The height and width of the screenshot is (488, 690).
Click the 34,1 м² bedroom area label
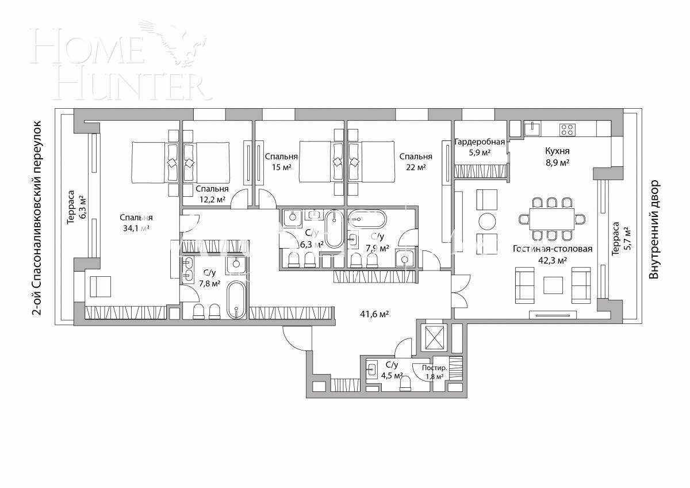(x=136, y=223)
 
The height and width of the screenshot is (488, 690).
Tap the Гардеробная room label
(x=480, y=147)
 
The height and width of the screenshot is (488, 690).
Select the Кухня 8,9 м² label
(x=557, y=157)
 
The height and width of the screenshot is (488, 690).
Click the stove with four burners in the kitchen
(x=567, y=129)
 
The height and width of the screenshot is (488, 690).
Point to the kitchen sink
(x=534, y=128)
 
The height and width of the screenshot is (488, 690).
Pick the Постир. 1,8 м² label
(x=434, y=372)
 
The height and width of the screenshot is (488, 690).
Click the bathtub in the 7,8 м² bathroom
(x=236, y=299)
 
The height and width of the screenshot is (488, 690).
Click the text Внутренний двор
(x=653, y=230)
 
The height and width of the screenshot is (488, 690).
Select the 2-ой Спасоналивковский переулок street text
(x=37, y=219)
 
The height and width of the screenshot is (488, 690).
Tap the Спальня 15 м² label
(x=281, y=162)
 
